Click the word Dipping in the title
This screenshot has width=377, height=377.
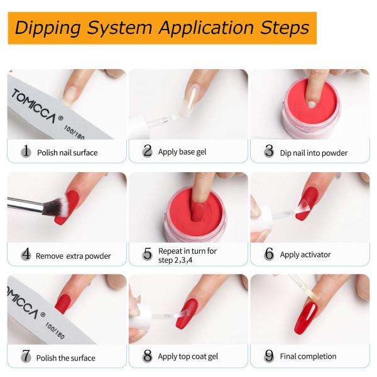pos(48,28)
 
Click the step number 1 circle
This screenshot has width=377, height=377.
pos(26,151)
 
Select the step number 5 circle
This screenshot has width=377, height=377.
pos(148,254)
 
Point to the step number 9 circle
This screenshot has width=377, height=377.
pos(269,356)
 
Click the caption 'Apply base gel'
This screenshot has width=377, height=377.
pos(182,152)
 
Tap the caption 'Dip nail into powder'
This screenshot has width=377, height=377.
pos(314,153)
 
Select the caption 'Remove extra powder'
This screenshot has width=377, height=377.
pos(74,256)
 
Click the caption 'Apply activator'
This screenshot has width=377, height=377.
pos(305,254)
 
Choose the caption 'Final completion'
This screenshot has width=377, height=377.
pos(309,356)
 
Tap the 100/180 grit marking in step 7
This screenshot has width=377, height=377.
pos(55,331)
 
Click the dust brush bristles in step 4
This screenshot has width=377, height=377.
pos(55,206)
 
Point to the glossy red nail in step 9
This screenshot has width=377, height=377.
pos(305,318)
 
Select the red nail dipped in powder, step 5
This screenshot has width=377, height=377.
pos(199,212)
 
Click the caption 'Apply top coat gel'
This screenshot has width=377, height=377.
pos(188,356)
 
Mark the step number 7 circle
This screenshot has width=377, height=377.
pos(26,356)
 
